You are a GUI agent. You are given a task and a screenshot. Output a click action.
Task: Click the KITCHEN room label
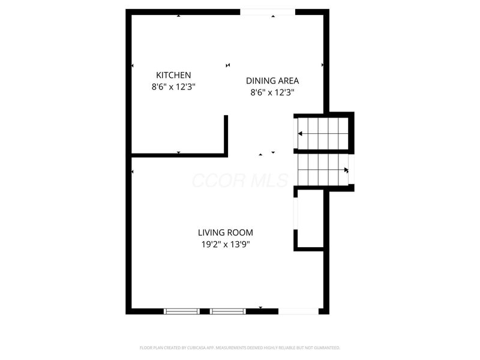pyautogui.click(x=173, y=75)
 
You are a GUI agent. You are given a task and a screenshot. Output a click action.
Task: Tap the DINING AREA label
pyautogui.click(x=272, y=80)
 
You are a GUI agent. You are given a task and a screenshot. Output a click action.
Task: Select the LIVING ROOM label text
pyautogui.click(x=225, y=232)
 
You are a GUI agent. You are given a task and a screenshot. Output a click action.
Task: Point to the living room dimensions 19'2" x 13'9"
pyautogui.click(x=225, y=244)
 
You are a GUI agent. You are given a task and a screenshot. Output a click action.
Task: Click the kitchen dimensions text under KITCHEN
pyautogui.click(x=173, y=86)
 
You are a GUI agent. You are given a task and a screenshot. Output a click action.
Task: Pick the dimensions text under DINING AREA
pyautogui.click(x=272, y=92)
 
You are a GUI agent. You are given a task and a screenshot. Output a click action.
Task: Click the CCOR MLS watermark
pyautogui.click(x=239, y=180)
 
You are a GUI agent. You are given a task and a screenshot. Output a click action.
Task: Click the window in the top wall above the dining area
pyautogui.click(x=268, y=11)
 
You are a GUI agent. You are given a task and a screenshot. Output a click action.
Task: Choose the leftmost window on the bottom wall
pyautogui.click(x=181, y=311)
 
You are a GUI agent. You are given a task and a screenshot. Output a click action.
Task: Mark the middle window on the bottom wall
pyautogui.click(x=227, y=311)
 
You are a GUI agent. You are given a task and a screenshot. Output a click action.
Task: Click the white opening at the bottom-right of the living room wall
pyautogui.click(x=298, y=311)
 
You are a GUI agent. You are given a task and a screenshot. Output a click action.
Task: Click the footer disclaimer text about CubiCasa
pyautogui.click(x=239, y=347)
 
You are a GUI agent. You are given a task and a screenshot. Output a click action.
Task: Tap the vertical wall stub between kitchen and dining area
pyautogui.click(x=226, y=134)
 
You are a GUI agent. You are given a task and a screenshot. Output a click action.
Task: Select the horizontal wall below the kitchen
pyautogui.click(x=178, y=155)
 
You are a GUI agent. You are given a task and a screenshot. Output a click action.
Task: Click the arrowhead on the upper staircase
pyautogui.click(x=300, y=133)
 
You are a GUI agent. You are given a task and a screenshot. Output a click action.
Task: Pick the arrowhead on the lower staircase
pyautogui.click(x=346, y=170)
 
